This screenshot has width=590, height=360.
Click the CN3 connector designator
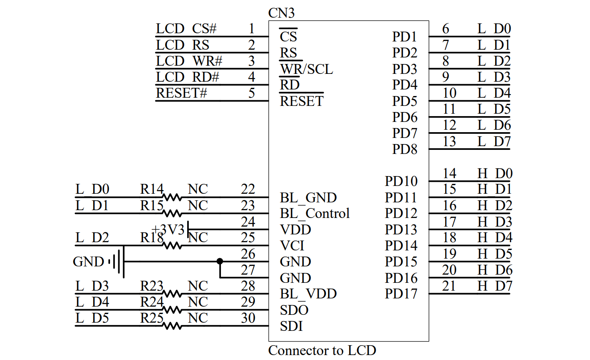click(281, 13)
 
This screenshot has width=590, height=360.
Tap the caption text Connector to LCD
click(322, 350)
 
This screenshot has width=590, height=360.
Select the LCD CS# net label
click(186, 29)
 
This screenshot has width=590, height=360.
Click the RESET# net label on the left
click(181, 93)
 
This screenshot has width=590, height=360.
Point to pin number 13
click(449, 141)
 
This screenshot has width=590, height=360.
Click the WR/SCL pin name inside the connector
click(306, 69)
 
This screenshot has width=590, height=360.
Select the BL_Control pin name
click(315, 213)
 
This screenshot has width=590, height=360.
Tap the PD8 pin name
click(404, 149)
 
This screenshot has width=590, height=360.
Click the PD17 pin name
click(401, 294)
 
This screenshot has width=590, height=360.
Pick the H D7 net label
click(495, 286)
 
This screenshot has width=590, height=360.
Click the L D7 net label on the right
click(494, 141)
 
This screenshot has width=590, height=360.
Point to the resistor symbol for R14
click(172, 197)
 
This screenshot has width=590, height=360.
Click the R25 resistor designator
click(152, 318)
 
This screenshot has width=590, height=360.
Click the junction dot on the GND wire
click(220, 261)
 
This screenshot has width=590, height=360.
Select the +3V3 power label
click(168, 229)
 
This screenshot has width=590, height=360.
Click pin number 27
click(248, 270)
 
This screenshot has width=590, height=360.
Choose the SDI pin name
click(291, 326)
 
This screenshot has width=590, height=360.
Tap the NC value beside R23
click(197, 286)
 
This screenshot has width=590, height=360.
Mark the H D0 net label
click(495, 173)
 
